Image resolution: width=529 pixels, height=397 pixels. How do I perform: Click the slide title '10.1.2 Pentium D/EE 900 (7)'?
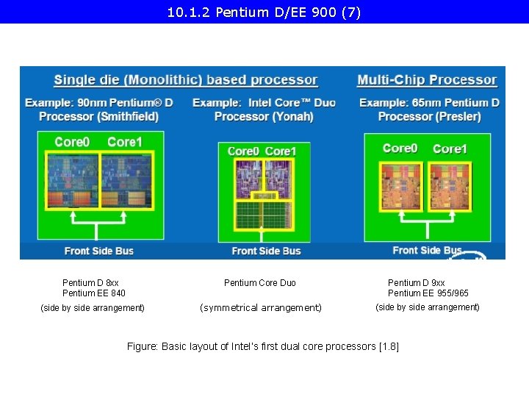(264, 12)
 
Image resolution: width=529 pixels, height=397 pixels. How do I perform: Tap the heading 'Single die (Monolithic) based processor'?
(186, 80)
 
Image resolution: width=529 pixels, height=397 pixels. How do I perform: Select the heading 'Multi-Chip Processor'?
(427, 80)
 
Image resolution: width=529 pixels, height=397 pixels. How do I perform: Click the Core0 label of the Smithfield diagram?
(72, 141)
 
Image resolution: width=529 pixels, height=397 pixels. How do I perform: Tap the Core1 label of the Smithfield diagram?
(125, 141)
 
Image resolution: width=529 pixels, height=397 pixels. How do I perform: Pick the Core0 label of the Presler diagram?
(400, 149)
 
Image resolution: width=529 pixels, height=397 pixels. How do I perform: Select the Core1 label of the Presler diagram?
(450, 149)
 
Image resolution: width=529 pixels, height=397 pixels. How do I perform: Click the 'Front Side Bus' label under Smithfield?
(99, 251)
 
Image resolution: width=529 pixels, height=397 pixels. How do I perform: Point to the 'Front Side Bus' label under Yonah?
(266, 251)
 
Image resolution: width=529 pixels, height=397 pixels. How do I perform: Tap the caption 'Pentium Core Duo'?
(260, 283)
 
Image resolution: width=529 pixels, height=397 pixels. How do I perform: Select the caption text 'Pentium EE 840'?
(93, 293)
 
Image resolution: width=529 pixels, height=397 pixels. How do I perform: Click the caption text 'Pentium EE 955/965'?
(428, 293)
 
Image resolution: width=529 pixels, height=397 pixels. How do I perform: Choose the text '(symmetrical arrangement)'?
(261, 308)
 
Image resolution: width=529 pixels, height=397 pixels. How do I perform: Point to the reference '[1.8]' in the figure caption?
(387, 346)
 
